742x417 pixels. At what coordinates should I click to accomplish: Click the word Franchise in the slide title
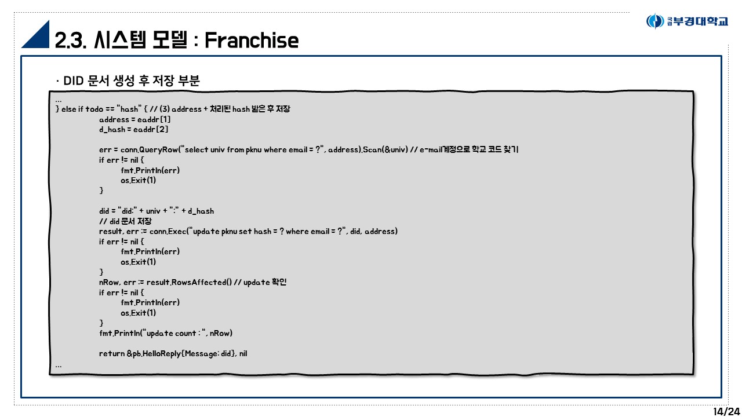[x=252, y=41]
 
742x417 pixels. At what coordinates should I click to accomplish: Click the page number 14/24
[x=726, y=411]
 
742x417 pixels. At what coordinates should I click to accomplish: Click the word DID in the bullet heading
[x=74, y=81]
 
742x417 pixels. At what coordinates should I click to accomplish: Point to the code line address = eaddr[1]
[x=135, y=119]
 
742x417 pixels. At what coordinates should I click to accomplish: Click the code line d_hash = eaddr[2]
[x=134, y=129]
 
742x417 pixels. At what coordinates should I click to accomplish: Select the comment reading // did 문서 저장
[x=126, y=221]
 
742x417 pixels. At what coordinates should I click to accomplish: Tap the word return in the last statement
[x=112, y=353]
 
